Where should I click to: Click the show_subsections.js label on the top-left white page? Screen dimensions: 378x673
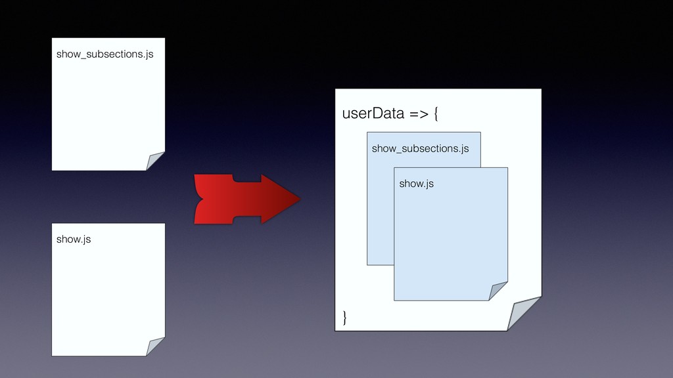pos(104,54)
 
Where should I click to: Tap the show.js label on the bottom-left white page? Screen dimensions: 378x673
pos(74,240)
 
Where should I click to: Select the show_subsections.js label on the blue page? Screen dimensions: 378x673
pos(420,149)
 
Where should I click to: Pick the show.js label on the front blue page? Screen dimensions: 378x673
pos(416,184)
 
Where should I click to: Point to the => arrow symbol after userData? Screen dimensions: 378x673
pos(419,115)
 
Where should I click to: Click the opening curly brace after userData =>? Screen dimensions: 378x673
pos(436,115)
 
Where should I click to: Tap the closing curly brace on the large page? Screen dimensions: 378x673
pos(345,318)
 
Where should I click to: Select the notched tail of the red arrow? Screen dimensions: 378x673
pos(200,199)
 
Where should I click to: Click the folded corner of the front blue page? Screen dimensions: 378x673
pos(498,291)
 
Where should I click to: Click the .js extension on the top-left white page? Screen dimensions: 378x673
pos(147,54)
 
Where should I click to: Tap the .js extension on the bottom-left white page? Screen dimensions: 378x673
pos(84,240)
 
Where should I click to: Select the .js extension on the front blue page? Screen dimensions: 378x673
pos(427,184)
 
